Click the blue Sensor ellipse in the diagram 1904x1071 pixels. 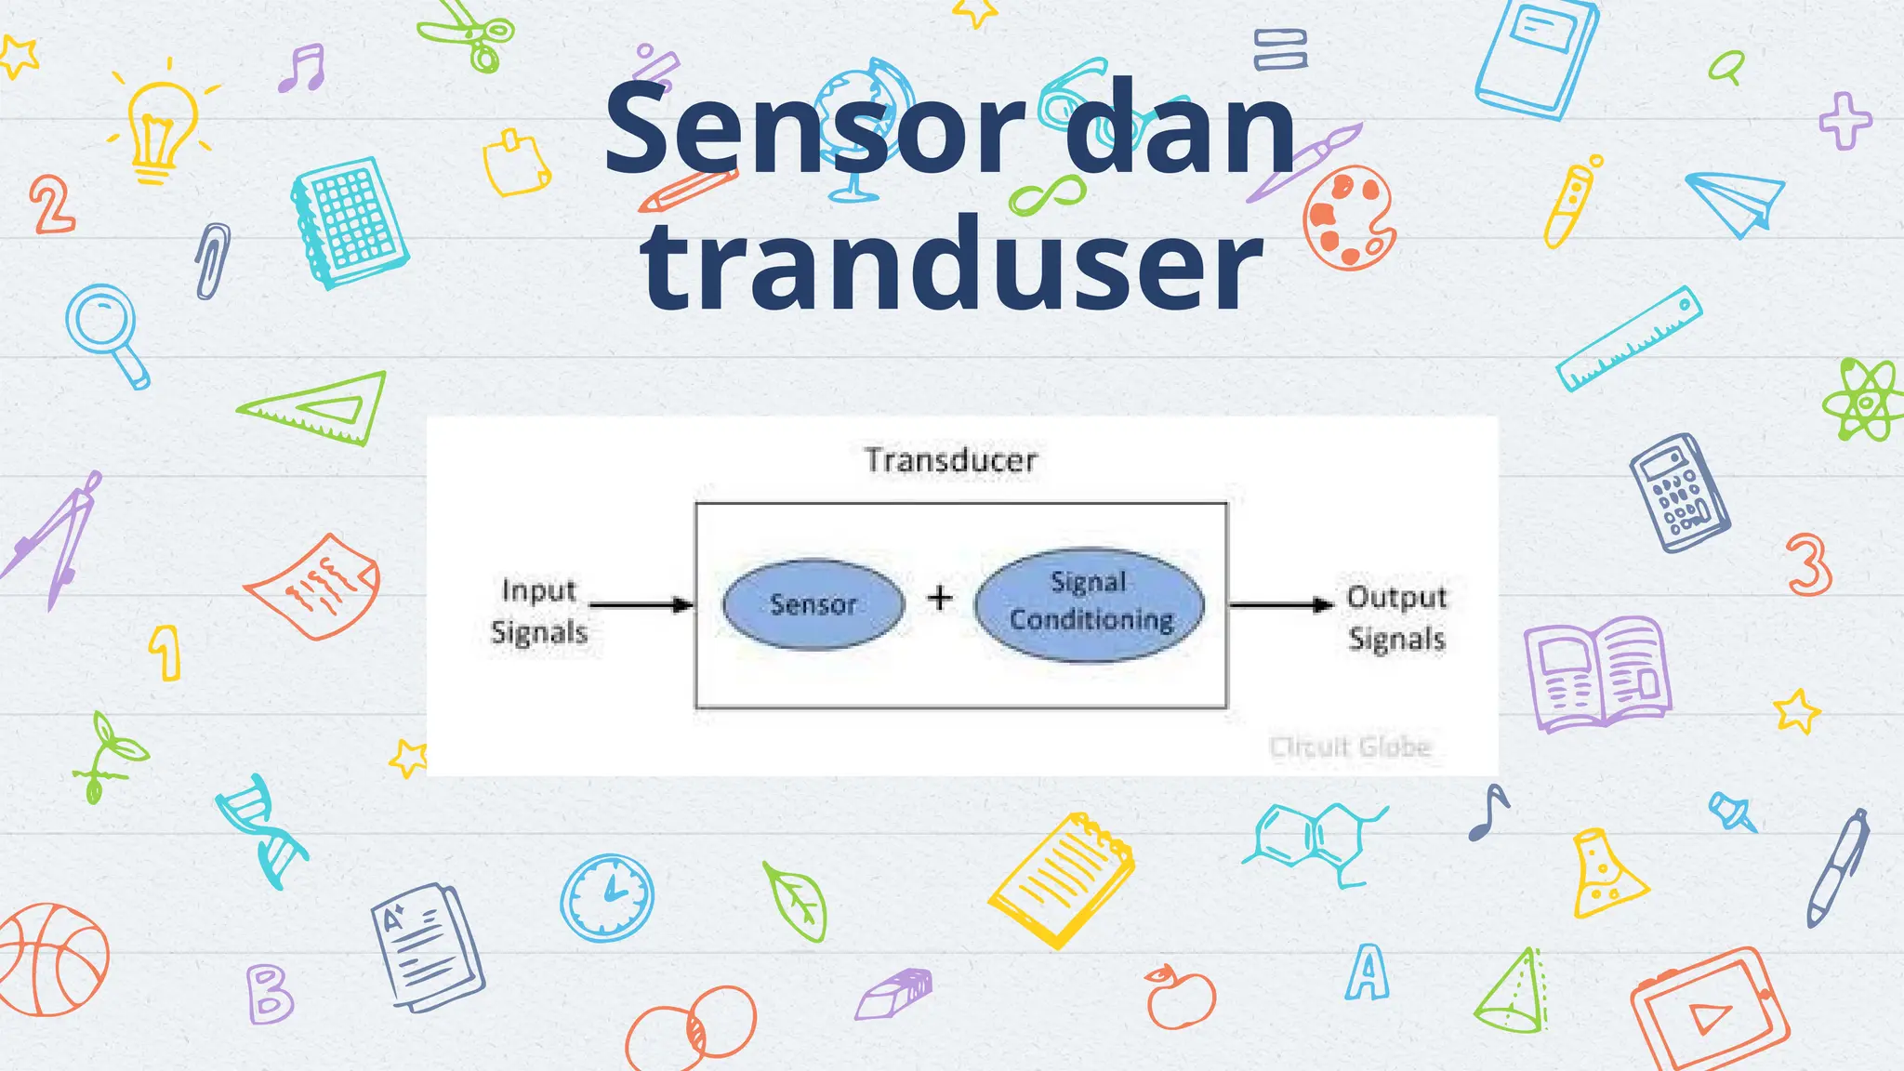click(x=813, y=604)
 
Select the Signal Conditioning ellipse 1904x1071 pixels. click(x=1090, y=604)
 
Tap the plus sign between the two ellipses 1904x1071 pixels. click(x=940, y=597)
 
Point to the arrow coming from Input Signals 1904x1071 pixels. click(x=641, y=605)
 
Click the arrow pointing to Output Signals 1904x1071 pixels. click(x=1281, y=605)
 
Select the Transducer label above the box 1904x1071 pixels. click(x=951, y=460)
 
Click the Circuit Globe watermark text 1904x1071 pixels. click(x=1350, y=747)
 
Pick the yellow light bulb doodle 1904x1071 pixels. click(x=161, y=126)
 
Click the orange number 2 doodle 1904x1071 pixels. click(x=51, y=204)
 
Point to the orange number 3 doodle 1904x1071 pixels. click(x=1808, y=564)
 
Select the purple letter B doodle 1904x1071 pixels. click(x=269, y=994)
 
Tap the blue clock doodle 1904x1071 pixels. click(x=607, y=898)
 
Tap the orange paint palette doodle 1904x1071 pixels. click(x=1348, y=218)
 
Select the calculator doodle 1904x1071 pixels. click(x=1679, y=492)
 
